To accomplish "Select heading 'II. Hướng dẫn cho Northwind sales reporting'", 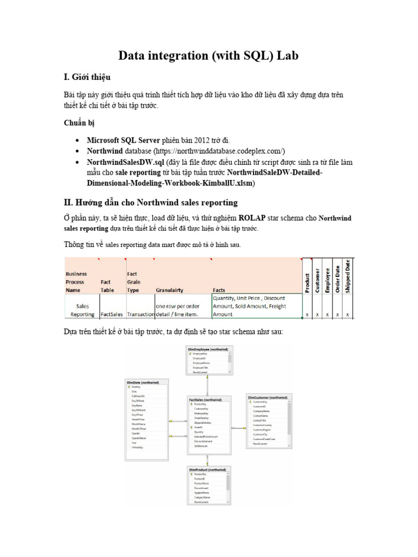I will [151, 202].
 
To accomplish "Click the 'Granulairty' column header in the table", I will [174, 290].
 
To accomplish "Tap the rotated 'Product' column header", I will [308, 282].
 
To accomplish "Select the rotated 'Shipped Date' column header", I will [348, 276].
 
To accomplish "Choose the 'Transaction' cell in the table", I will [140, 314].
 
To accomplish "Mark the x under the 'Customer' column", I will [317, 314].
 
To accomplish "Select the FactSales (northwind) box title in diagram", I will [205, 399].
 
